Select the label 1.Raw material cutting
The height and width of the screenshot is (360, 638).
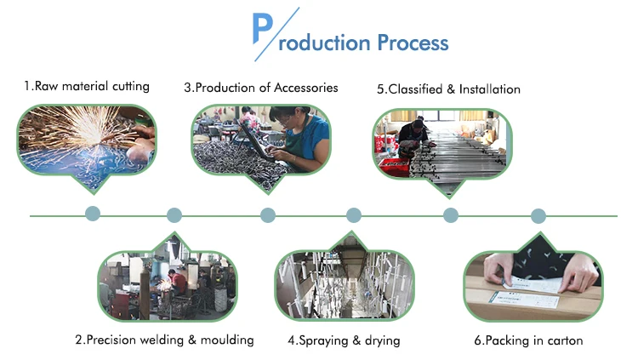pyautogui.click(x=86, y=86)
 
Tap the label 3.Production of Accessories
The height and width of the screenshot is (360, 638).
pyautogui.click(x=261, y=88)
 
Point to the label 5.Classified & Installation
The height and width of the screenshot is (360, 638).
pyautogui.click(x=448, y=89)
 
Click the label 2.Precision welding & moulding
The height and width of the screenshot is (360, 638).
pyautogui.click(x=164, y=340)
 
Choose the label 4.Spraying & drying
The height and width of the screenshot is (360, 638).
pyautogui.click(x=344, y=340)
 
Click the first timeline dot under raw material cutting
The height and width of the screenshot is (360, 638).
pyautogui.click(x=93, y=214)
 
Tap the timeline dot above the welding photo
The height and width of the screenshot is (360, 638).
pyautogui.click(x=174, y=215)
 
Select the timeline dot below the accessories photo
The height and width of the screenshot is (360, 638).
pyautogui.click(x=268, y=215)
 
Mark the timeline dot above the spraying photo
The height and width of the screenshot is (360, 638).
pyautogui.click(x=354, y=215)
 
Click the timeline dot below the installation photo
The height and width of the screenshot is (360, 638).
pyautogui.click(x=451, y=215)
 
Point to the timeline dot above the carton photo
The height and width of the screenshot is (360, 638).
pyautogui.click(x=538, y=215)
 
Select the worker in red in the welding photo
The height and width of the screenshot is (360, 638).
pyautogui.click(x=177, y=281)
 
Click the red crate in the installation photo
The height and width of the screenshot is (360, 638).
pyautogui.click(x=394, y=166)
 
